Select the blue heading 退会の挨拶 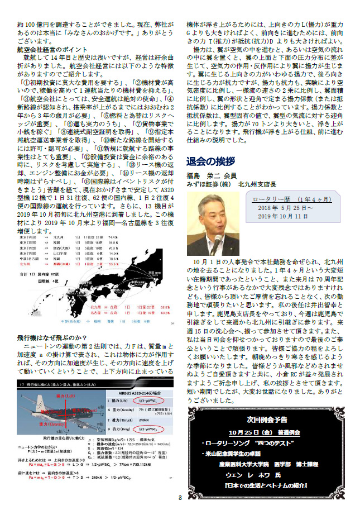coord(210,161)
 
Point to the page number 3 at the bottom coord(180,498)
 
